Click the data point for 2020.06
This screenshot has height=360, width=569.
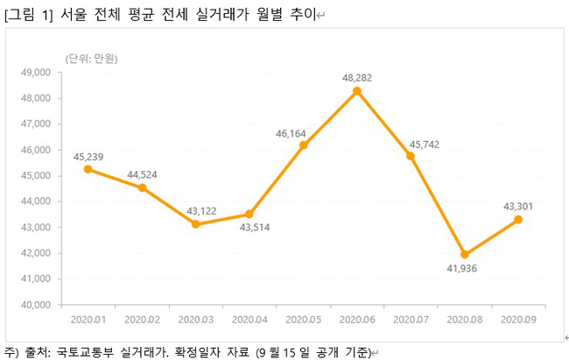[357, 91]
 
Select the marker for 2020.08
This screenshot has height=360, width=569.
[465, 255]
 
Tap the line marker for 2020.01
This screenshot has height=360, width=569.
[88, 169]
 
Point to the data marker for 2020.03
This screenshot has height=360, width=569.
[195, 224]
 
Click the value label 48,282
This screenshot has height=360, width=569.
[357, 77]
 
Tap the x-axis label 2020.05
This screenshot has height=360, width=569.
[303, 320]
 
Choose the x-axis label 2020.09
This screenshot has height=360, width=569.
[518, 320]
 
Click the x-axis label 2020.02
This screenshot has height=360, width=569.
[142, 320]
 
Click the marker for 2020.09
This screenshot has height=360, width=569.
[518, 220]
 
